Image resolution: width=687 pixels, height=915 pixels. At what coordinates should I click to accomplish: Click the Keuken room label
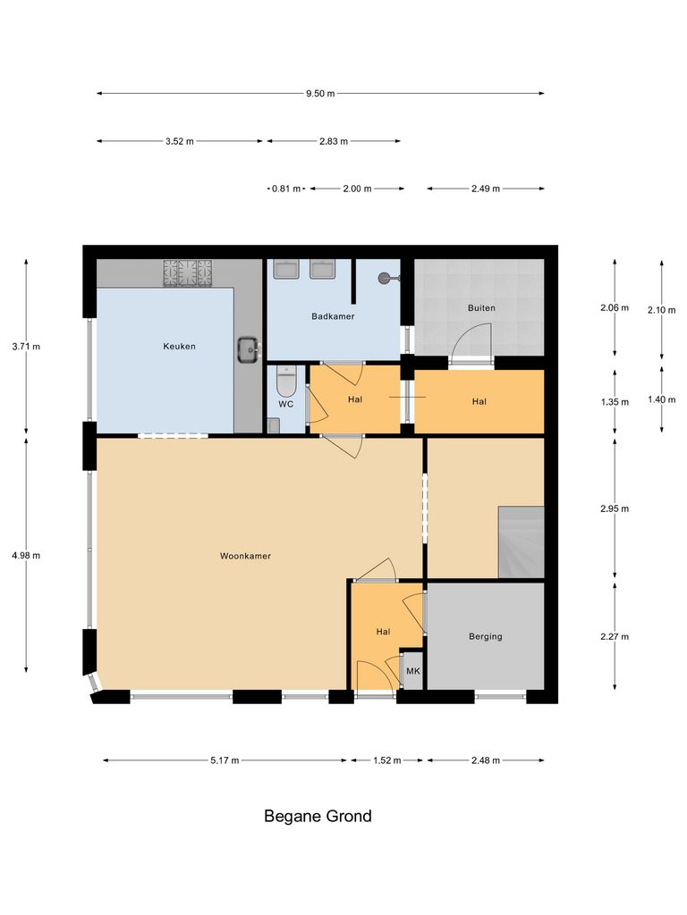pyautogui.click(x=179, y=347)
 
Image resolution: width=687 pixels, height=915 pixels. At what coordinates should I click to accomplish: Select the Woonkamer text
pyautogui.click(x=245, y=556)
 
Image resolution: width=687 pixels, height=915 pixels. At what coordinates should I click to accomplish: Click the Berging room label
pyautogui.click(x=486, y=636)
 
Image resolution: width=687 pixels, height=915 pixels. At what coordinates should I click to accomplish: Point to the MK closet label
pyautogui.click(x=412, y=670)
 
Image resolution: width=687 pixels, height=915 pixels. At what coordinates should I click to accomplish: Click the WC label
pyautogui.click(x=285, y=404)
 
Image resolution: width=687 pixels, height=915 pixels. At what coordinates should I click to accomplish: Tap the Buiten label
pyautogui.click(x=481, y=308)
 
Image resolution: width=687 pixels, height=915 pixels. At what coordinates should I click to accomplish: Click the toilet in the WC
pyautogui.click(x=286, y=382)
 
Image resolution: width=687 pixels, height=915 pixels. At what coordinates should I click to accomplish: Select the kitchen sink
pyautogui.click(x=248, y=348)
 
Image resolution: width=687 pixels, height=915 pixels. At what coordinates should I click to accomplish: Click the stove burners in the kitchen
pyautogui.click(x=188, y=272)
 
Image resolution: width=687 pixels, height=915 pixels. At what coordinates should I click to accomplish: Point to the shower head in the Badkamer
pyautogui.click(x=386, y=278)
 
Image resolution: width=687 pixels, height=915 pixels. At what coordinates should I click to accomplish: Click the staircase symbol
pyautogui.click(x=521, y=541)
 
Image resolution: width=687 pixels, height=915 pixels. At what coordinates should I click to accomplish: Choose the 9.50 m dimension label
pyautogui.click(x=320, y=93)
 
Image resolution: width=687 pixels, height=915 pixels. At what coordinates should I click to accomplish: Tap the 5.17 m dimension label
pyautogui.click(x=225, y=760)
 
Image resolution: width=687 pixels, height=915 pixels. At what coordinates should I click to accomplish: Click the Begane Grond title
pyautogui.click(x=318, y=816)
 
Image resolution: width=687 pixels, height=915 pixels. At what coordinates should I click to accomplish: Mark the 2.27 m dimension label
pyautogui.click(x=615, y=636)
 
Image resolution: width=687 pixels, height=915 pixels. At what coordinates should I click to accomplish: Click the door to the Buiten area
pyautogui.click(x=471, y=344)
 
